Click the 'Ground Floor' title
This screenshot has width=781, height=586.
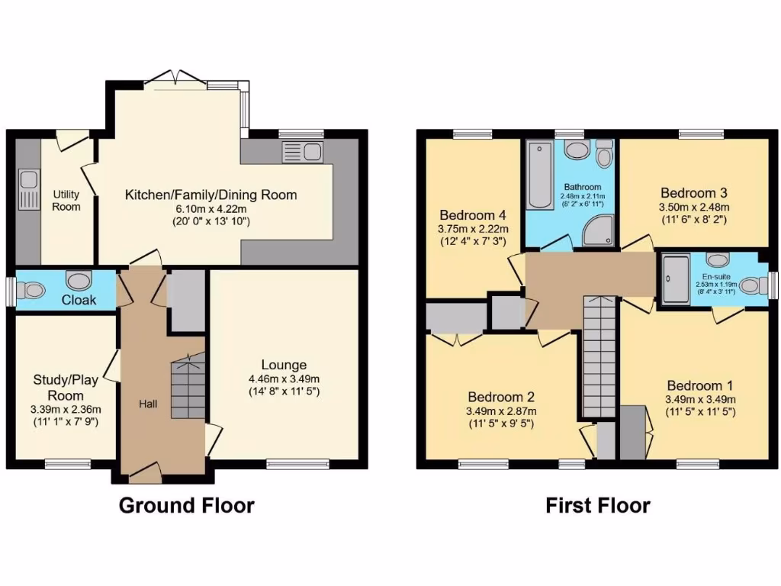click(x=187, y=505)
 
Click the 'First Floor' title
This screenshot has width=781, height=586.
click(x=598, y=505)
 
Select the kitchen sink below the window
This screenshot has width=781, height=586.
click(x=303, y=151)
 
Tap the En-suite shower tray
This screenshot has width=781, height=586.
click(x=676, y=277)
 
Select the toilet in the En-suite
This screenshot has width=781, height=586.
click(x=750, y=285)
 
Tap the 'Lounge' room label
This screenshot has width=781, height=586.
click(x=284, y=365)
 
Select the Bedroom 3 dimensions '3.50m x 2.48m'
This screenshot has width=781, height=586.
click(x=694, y=207)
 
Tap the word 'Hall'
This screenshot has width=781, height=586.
click(x=148, y=403)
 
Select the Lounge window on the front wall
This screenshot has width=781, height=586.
click(x=297, y=462)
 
